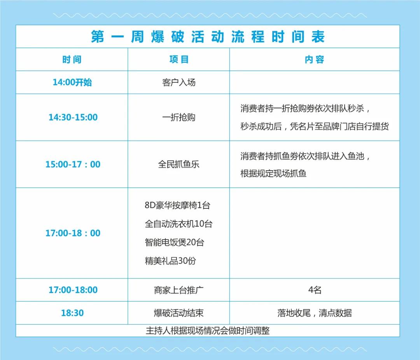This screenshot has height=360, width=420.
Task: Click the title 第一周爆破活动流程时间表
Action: (x=208, y=37)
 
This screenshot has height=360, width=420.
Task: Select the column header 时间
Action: (x=72, y=59)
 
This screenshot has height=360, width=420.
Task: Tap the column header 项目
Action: (x=179, y=59)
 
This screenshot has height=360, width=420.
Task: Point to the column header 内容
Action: (x=314, y=59)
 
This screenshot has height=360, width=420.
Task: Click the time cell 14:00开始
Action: (x=72, y=82)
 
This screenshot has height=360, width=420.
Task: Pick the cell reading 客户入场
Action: (x=179, y=82)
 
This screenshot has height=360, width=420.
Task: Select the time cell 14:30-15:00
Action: (x=73, y=117)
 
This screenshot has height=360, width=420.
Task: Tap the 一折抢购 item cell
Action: (x=179, y=117)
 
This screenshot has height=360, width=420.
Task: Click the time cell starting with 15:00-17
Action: (x=73, y=164)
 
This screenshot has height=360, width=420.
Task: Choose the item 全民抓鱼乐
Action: (x=179, y=164)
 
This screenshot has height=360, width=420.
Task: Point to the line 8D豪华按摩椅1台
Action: (x=177, y=205)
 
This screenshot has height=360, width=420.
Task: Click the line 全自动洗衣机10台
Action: (x=178, y=224)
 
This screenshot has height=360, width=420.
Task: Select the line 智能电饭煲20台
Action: (x=174, y=243)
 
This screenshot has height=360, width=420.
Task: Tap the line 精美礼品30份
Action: (x=170, y=261)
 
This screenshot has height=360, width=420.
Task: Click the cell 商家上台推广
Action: (x=179, y=290)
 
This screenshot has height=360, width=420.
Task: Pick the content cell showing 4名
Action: (x=315, y=290)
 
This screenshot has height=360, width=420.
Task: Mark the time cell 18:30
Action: (x=72, y=313)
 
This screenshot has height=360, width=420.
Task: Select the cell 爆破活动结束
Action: (x=179, y=313)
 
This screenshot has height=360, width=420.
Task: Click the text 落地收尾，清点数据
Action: (x=315, y=313)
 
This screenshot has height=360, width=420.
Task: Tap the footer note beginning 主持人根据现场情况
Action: (x=208, y=331)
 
